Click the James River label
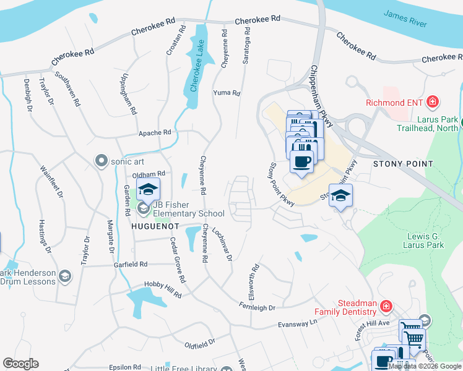pos(405,19)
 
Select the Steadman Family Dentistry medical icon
pos(385,306)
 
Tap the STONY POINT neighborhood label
pos(402,164)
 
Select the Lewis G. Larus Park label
pos(426,241)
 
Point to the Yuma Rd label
pos(226,93)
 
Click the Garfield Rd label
pos(130,264)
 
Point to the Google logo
pos(20,364)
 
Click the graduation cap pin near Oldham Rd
pos(148,189)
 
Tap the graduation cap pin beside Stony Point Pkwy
pos(340,195)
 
